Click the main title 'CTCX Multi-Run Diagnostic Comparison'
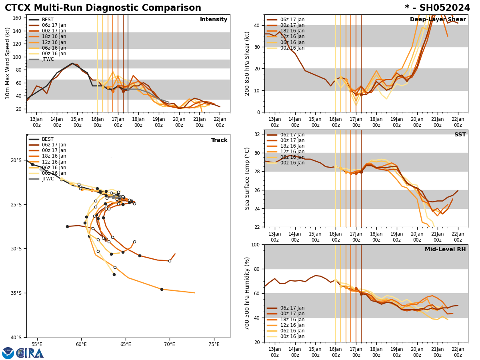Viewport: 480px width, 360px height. point(103,8)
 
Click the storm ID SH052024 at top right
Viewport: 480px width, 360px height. point(437,8)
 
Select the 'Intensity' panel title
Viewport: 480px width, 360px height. point(213,20)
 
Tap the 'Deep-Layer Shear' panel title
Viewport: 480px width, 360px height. point(438,20)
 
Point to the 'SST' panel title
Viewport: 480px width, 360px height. point(460,135)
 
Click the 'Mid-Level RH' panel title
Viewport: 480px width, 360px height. point(445,250)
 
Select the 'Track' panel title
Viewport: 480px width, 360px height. point(219,140)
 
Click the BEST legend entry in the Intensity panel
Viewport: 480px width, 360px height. point(48,20)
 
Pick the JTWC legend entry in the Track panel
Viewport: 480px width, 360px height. point(48,179)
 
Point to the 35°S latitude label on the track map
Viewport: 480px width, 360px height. point(16,293)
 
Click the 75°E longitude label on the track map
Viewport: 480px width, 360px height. point(214,344)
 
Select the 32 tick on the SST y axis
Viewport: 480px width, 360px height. point(258,134)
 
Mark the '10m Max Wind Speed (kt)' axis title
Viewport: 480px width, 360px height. point(8,63)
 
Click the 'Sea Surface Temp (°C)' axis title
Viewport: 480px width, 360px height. point(247,178)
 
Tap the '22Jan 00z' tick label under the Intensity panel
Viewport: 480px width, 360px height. point(220,122)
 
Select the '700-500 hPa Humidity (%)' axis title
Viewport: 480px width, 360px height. point(247,293)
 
